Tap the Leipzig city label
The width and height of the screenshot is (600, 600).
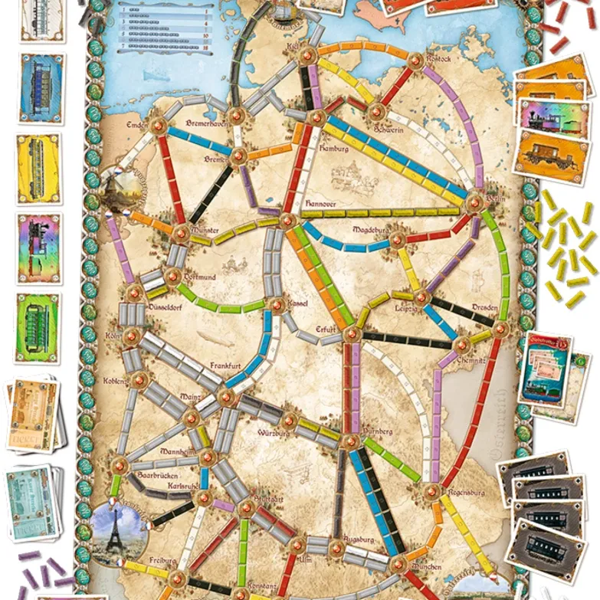(407, 309)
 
